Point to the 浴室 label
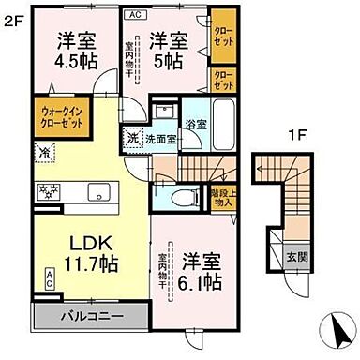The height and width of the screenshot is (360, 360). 196,123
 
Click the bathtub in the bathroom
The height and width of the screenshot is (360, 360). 226,122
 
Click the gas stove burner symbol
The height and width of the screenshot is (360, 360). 47,192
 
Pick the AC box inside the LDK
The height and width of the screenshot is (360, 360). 48,277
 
